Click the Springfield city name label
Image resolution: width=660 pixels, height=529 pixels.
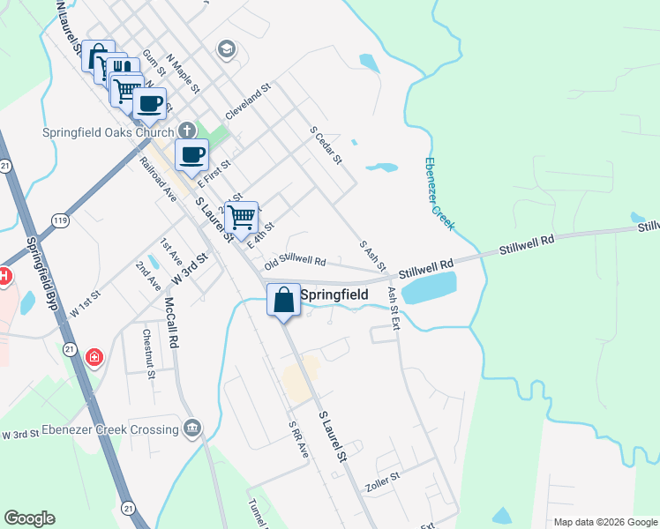click(334, 295)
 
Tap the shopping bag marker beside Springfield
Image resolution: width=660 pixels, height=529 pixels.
click(283, 299)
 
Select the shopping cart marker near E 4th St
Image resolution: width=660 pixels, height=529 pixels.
click(241, 217)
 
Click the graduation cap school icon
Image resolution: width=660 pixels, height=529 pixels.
click(226, 48)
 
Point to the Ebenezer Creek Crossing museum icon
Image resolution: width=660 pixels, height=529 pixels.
click(193, 429)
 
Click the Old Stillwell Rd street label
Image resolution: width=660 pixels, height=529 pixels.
click(296, 263)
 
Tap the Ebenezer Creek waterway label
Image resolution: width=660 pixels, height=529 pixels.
click(439, 194)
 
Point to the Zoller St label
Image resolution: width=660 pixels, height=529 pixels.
click(382, 481)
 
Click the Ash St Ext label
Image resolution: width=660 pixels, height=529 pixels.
click(394, 308)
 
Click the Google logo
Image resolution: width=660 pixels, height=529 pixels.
click(29, 518)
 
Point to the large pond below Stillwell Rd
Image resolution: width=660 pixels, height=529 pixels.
click(429, 287)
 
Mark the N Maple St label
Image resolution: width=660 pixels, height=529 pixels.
click(184, 71)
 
